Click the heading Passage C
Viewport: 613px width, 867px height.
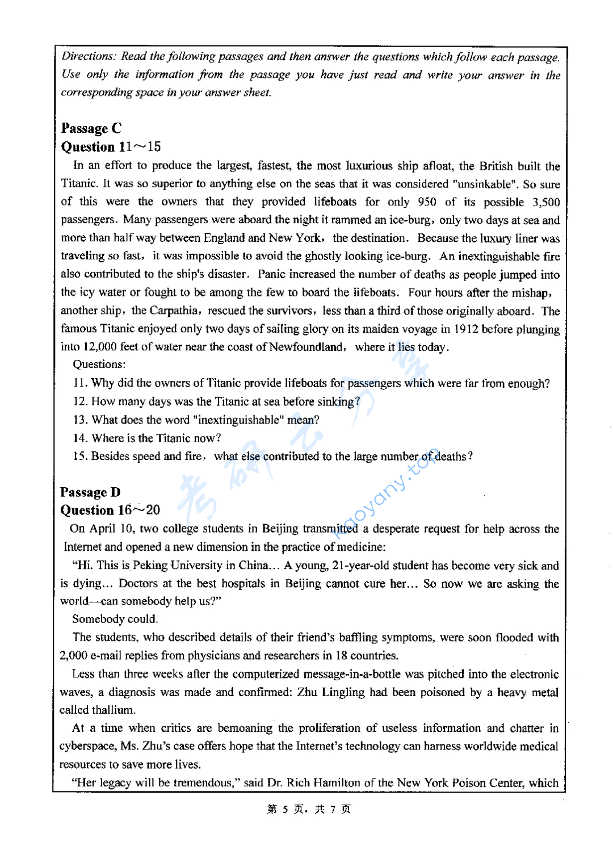[91, 128]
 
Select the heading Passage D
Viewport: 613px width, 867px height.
[90, 492]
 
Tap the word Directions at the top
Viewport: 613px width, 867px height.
[88, 56]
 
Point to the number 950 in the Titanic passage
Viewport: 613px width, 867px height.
[427, 202]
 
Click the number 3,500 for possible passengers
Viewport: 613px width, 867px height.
[545, 202]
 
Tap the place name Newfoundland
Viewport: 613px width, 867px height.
[306, 347]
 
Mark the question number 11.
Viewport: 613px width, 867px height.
[80, 383]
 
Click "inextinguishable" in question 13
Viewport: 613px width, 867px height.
[238, 420]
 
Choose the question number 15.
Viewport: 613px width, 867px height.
[80, 456]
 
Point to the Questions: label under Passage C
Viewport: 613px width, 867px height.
[99, 365]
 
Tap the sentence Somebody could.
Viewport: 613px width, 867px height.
[115, 619]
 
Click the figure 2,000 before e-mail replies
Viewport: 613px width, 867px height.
[74, 655]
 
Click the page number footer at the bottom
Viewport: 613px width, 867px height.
[309, 809]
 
